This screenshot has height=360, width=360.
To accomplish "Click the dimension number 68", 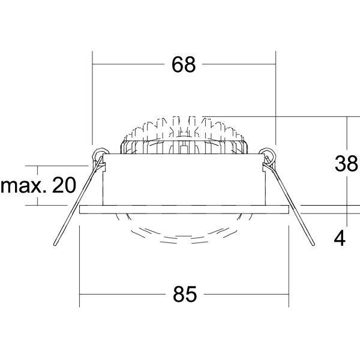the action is point(184,65).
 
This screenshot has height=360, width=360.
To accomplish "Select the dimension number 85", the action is point(185,294).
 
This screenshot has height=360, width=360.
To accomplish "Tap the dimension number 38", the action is point(346,163).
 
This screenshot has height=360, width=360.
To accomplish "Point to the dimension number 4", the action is point(340,238).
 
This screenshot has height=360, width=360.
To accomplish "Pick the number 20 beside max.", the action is point(64,185).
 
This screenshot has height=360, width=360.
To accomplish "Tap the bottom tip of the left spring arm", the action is point(55,245).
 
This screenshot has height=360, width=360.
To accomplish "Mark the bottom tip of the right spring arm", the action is point(313,244).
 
